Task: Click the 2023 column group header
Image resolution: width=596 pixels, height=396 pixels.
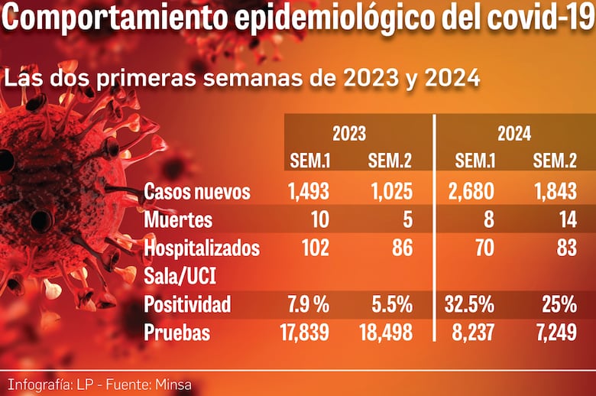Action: point(349,134)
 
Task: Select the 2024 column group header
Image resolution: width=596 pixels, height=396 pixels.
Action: point(514,134)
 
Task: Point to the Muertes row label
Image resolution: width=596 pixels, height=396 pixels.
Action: point(178,220)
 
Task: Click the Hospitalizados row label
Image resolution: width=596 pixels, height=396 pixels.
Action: point(202,248)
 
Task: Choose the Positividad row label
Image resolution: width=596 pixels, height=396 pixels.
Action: point(187,304)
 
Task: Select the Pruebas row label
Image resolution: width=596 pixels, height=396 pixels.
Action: point(177,333)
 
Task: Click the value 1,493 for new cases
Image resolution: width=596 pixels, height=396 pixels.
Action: point(309,191)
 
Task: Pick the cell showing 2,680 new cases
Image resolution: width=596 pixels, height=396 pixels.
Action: point(470,191)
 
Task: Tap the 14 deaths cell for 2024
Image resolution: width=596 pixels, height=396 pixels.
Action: point(566,220)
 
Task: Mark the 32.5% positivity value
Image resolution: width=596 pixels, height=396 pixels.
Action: point(469,304)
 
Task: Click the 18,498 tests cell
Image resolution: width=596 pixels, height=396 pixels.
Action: point(386,333)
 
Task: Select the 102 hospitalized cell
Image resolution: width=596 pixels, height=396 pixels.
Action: point(314,248)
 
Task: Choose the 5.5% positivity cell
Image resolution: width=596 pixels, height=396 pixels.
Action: point(391,304)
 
